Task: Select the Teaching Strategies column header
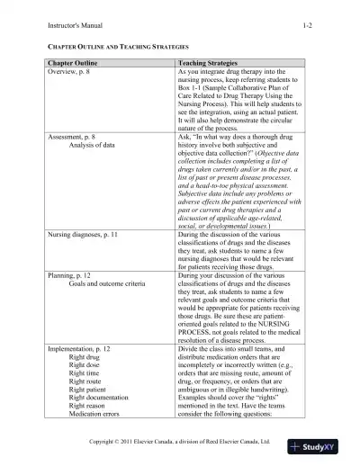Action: (x=209, y=65)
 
